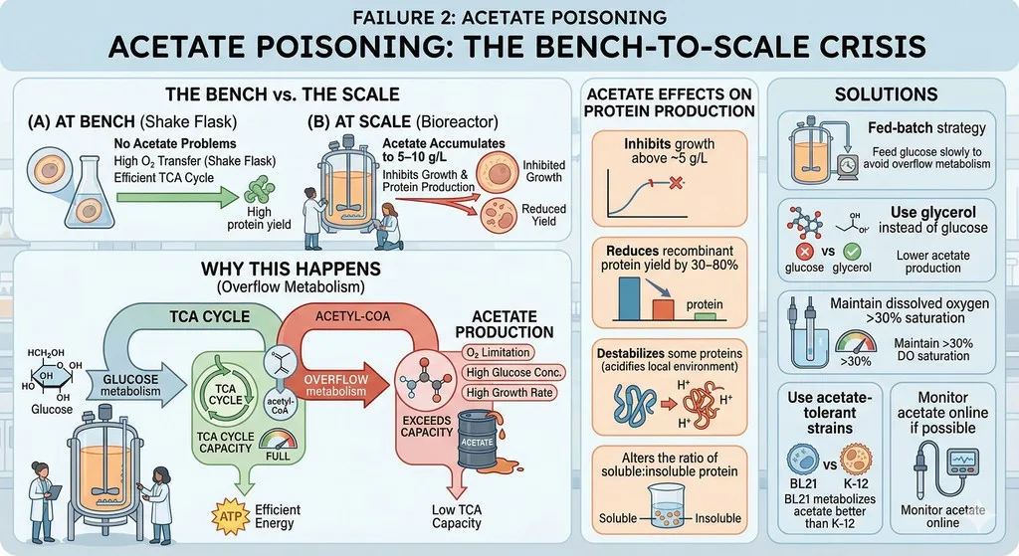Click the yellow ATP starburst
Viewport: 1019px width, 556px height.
pyautogui.click(x=231, y=517)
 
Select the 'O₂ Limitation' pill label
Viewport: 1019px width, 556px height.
pyautogui.click(x=498, y=353)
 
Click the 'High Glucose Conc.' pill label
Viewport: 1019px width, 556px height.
pyautogui.click(x=513, y=373)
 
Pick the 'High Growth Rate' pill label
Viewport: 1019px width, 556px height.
pyautogui.click(x=509, y=392)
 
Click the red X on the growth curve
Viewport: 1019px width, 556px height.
pyautogui.click(x=676, y=183)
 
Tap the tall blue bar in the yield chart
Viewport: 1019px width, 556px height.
pyautogui.click(x=629, y=298)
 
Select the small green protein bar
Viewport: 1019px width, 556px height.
pyautogui.click(x=706, y=316)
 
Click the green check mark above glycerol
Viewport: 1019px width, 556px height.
pyautogui.click(x=852, y=252)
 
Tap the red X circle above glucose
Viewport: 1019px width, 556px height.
pyautogui.click(x=804, y=252)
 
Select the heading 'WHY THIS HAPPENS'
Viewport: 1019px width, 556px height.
pyautogui.click(x=291, y=269)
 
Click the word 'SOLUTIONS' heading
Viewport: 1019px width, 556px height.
pyautogui.click(x=886, y=94)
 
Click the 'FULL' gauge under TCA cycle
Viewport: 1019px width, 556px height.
pyautogui.click(x=278, y=445)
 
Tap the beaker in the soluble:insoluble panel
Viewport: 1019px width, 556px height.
pyautogui.click(x=670, y=508)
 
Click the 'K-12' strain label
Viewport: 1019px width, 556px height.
pyautogui.click(x=856, y=483)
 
